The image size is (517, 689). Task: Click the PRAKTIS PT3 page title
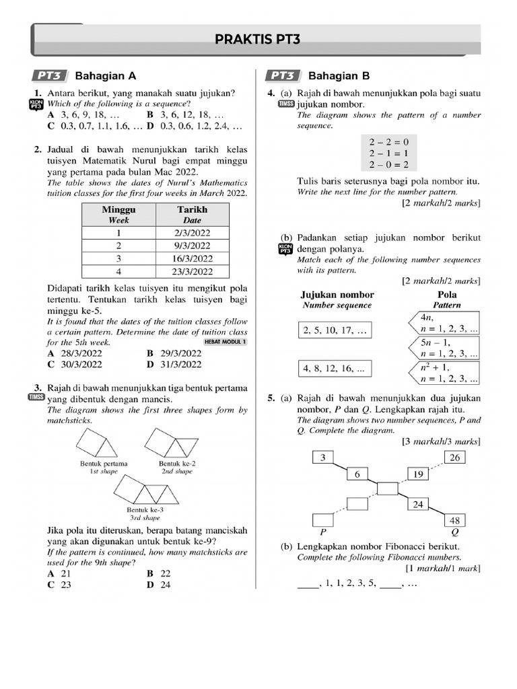257,40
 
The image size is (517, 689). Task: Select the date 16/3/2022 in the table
192,258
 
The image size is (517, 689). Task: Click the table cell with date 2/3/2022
192,232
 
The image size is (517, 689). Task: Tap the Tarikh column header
192,214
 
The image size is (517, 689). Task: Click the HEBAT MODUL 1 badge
225,342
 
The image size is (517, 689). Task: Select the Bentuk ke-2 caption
177,464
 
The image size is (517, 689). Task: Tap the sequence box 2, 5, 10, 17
335,330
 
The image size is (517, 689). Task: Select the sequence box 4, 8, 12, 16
335,369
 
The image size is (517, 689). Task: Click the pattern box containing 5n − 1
446,347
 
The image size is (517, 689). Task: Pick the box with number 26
455,458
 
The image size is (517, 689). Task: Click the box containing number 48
455,520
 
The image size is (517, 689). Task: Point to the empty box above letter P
324,519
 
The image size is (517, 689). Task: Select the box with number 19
418,474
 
